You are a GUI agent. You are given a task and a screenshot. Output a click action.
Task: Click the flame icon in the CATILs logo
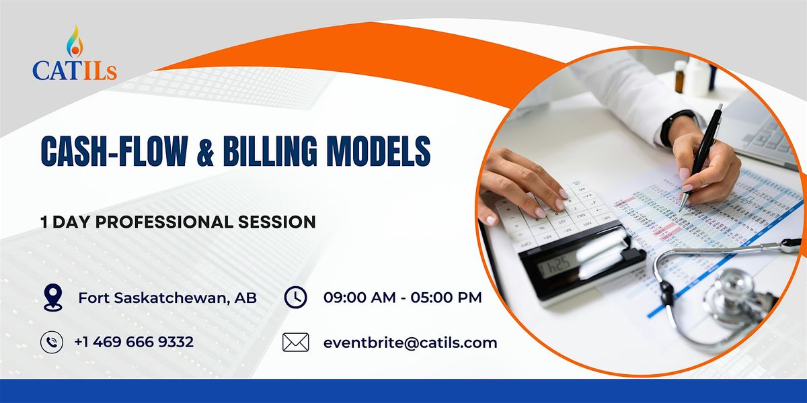click(75, 42)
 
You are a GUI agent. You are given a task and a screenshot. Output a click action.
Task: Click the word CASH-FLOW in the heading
click(114, 151)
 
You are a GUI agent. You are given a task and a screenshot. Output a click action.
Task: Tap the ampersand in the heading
click(206, 152)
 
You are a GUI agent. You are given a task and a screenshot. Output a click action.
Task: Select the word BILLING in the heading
click(270, 151)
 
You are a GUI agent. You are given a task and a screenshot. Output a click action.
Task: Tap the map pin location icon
click(53, 297)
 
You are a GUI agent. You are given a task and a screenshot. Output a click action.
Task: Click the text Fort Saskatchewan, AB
click(167, 298)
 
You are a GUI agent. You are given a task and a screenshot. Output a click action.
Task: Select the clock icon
click(295, 297)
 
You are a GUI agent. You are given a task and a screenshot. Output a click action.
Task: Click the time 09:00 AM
click(359, 298)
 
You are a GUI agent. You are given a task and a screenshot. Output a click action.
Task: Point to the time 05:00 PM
click(446, 298)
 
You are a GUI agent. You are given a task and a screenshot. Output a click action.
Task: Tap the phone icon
click(52, 342)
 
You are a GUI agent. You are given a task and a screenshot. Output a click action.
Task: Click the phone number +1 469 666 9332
click(134, 342)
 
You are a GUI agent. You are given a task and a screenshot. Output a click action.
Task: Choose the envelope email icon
click(295, 342)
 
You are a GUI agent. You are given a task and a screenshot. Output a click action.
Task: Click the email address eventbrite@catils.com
click(410, 343)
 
